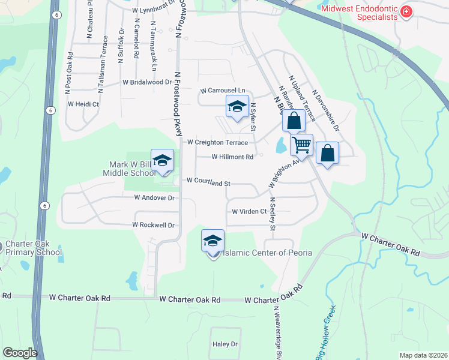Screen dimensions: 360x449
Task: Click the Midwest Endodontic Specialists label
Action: pyautogui.click(x=360, y=13)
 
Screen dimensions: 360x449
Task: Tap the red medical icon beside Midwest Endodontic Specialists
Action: pyautogui.click(x=406, y=11)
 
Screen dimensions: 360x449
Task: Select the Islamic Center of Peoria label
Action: pyautogui.click(x=267, y=253)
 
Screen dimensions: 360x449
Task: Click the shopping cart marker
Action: pyautogui.click(x=301, y=145)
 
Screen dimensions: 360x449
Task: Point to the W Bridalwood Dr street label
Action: pyautogui.click(x=147, y=82)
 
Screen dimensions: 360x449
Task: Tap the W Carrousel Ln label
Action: pyautogui.click(x=223, y=90)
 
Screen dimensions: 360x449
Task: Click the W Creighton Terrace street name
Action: pyautogui.click(x=217, y=143)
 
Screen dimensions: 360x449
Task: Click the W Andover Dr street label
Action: pyautogui.click(x=154, y=197)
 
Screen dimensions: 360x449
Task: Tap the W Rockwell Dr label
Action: pyautogui.click(x=154, y=225)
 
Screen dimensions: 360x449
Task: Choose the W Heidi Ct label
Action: pyautogui.click(x=83, y=104)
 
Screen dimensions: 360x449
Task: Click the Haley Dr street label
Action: pyautogui.click(x=225, y=344)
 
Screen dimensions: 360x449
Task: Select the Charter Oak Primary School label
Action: pyautogui.click(x=33, y=248)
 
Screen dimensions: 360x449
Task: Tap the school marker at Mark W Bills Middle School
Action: pyautogui.click(x=162, y=161)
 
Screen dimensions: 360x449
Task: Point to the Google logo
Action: pyautogui.click(x=20, y=353)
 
